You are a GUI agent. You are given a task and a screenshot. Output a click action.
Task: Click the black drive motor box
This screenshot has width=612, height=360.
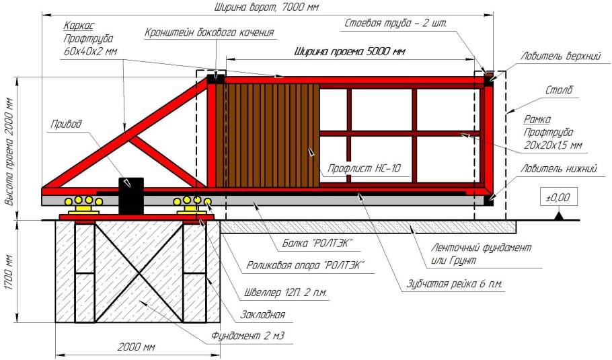tap(131, 196)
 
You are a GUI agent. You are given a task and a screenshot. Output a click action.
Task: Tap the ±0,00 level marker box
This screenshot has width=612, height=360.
tap(559, 197)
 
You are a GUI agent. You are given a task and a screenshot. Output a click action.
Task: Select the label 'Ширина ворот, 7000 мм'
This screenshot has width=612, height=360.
tap(266, 7)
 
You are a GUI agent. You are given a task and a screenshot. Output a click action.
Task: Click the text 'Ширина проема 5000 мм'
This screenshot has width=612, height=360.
tap(350, 51)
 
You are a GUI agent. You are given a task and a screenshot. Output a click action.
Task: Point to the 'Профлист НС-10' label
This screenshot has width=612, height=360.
tap(364, 168)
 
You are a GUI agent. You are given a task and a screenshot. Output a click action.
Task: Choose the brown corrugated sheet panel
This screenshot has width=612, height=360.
tap(268, 135)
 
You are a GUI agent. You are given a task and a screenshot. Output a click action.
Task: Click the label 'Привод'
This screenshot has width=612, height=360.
tap(67, 124)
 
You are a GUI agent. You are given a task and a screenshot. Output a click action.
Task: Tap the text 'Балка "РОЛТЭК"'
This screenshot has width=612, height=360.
tap(317, 244)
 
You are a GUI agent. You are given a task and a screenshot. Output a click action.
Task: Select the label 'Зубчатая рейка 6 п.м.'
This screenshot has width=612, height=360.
tap(455, 284)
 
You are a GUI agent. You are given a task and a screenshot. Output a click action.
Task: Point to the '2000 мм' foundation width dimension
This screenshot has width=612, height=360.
tap(137, 347)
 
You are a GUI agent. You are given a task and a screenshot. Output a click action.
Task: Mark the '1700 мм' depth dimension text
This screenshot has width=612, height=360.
tap(10, 272)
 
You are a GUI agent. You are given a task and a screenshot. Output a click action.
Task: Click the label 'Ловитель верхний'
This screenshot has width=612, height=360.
tap(560, 57)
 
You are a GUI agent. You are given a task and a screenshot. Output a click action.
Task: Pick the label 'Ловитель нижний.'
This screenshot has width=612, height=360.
tap(560, 169)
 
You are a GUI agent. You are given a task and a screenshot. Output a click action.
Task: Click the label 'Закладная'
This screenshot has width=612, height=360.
tap(263, 314)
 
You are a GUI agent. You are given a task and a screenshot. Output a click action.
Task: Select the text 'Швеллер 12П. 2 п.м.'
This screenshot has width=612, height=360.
tap(285, 293)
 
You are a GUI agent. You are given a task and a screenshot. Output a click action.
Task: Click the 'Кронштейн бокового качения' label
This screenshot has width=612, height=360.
tap(209, 32)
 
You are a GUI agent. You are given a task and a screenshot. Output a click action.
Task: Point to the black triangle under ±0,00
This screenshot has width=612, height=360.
tap(559, 215)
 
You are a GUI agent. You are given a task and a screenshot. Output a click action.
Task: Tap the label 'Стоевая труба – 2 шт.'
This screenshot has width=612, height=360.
tap(395, 23)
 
